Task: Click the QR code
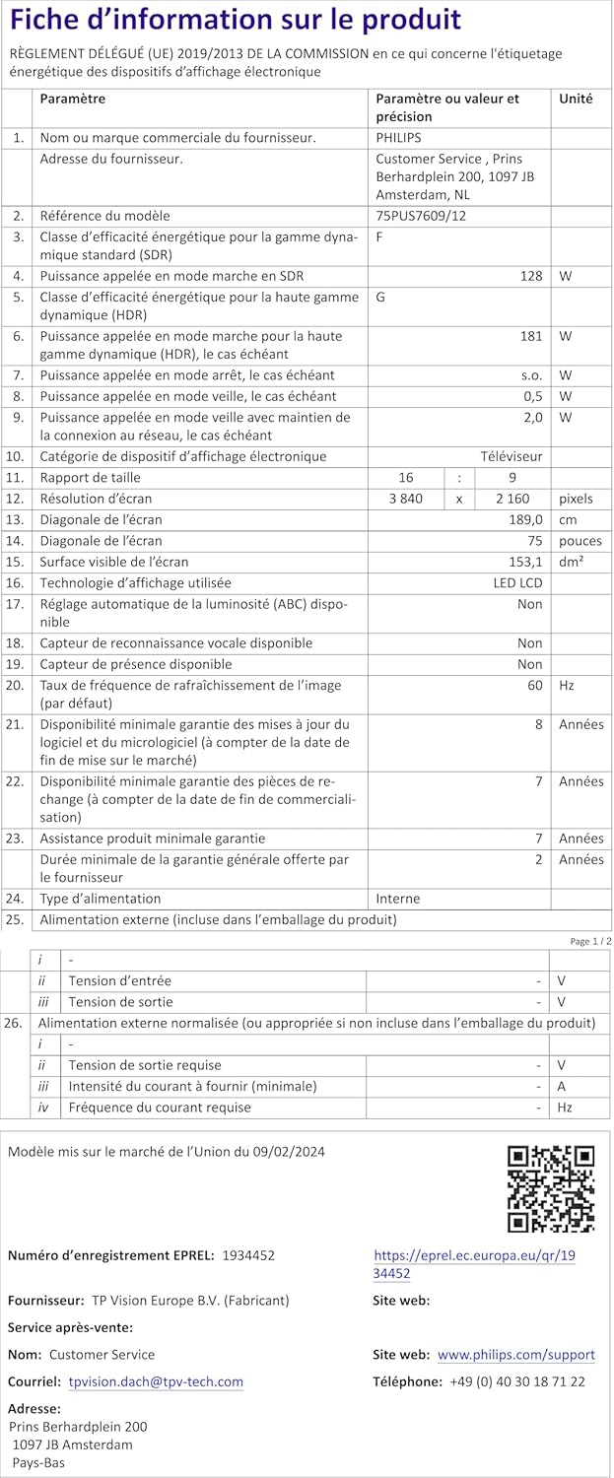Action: (x=551, y=1188)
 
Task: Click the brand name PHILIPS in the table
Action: (x=398, y=138)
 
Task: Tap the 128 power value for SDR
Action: (x=531, y=276)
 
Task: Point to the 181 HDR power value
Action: (x=531, y=336)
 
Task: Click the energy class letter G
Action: (x=380, y=297)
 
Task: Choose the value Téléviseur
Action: (x=511, y=456)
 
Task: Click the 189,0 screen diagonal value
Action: (x=525, y=519)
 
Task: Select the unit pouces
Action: (x=580, y=541)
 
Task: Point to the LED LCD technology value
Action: (x=517, y=583)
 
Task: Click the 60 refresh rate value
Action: (x=534, y=684)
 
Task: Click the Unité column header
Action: (x=577, y=99)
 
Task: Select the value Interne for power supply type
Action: (x=398, y=899)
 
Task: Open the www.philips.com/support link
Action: (x=515, y=1355)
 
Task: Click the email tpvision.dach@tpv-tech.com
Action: (x=156, y=1381)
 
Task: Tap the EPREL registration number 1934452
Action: (x=248, y=1255)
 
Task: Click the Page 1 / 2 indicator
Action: (x=590, y=941)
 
